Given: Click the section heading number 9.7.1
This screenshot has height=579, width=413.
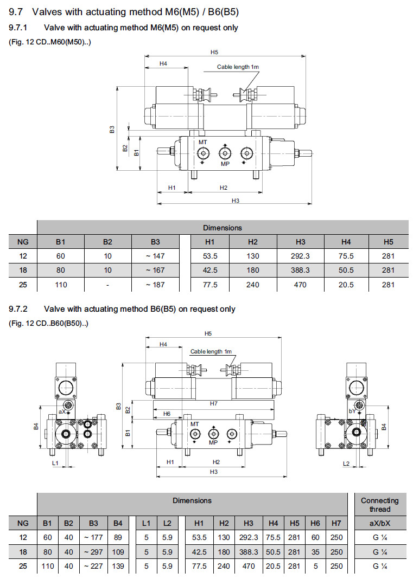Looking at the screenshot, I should [x=20, y=27].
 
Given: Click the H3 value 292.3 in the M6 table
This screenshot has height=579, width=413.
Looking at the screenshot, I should [x=301, y=256].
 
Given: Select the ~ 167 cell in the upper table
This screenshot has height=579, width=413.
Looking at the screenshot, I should [x=155, y=270].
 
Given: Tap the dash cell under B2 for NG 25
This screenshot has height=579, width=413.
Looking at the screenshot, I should [x=108, y=284].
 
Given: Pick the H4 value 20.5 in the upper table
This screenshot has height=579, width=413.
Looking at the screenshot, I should [x=346, y=284].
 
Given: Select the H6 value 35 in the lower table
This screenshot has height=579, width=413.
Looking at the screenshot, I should [x=315, y=552].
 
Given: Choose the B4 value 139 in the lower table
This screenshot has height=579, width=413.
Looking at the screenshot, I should [x=118, y=566].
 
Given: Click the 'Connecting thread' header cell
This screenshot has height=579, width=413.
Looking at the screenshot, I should [x=379, y=505].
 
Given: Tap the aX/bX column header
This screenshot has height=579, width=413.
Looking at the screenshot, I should [x=379, y=523].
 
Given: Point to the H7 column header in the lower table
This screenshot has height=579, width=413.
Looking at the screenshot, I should [x=336, y=523].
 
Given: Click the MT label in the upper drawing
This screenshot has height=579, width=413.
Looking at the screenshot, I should [x=203, y=141].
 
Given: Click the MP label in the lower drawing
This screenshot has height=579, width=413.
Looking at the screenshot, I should [x=213, y=442].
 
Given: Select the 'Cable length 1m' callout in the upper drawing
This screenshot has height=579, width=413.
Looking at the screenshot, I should [x=238, y=67].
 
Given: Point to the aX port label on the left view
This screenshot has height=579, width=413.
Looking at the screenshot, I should [x=62, y=412].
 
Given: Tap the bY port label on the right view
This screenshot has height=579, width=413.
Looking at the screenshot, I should [x=352, y=412].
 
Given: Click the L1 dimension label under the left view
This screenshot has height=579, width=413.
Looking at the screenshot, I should [x=55, y=463].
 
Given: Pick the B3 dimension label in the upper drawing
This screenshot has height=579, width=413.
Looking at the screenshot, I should [x=111, y=130].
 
